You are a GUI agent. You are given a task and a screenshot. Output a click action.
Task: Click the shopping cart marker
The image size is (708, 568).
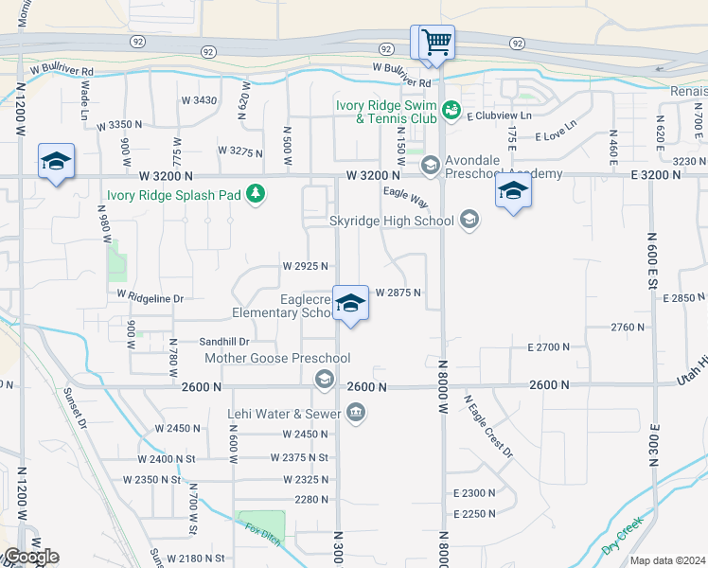pos(435,43)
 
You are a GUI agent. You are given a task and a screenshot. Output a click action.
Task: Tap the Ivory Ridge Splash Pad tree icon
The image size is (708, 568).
pos(255,194)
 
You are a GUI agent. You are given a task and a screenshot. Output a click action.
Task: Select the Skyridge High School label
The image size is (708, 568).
pos(391,221)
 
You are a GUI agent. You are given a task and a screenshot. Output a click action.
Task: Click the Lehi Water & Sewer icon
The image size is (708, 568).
pos(356,412)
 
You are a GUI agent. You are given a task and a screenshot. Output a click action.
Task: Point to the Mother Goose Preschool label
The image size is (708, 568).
pos(277,358)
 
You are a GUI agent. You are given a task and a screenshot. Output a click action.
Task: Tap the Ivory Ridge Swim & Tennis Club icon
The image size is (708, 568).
pos(451,112)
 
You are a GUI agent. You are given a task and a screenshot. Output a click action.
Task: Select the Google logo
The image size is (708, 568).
pos(30,557)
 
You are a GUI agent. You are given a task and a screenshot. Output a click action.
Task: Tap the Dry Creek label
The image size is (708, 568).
pos(622,536)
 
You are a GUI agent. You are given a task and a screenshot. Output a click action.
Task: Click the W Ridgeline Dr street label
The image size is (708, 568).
pos(150,297)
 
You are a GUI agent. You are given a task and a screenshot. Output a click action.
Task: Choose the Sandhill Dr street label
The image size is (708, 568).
pos(223,342)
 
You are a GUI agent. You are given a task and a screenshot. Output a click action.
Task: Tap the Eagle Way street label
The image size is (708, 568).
pos(406,199)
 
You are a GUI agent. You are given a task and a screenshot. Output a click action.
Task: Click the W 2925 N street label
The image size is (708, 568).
pos(305,267)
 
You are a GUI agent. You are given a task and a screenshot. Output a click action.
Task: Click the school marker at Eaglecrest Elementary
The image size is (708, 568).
pos(350,305)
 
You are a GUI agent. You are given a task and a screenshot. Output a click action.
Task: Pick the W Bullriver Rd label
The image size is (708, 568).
pos(62,70)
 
